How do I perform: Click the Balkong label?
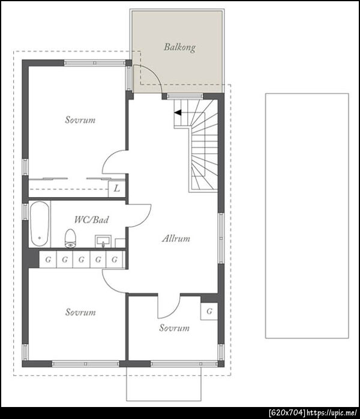coord(179,47)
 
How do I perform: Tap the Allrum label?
coord(176,239)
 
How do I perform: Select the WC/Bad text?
coord(91,219)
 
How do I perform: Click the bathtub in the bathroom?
coord(40,224)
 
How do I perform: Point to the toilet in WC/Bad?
coord(71,239)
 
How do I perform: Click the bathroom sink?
coord(103,242)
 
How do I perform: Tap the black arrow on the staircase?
coord(178,113)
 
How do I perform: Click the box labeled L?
coord(116,189)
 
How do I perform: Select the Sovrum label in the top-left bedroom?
coord(80,120)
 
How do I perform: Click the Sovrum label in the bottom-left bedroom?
coord(80,312)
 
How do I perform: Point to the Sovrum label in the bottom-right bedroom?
coord(175,328)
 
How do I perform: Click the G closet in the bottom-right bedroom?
coord(209,311)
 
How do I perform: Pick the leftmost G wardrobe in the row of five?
coord(48,259)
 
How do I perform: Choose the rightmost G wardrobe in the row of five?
coord(115,259)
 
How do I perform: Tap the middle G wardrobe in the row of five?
coord(82,259)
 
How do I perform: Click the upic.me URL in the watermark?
coord(332,413)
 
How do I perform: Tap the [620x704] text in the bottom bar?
coord(287,413)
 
